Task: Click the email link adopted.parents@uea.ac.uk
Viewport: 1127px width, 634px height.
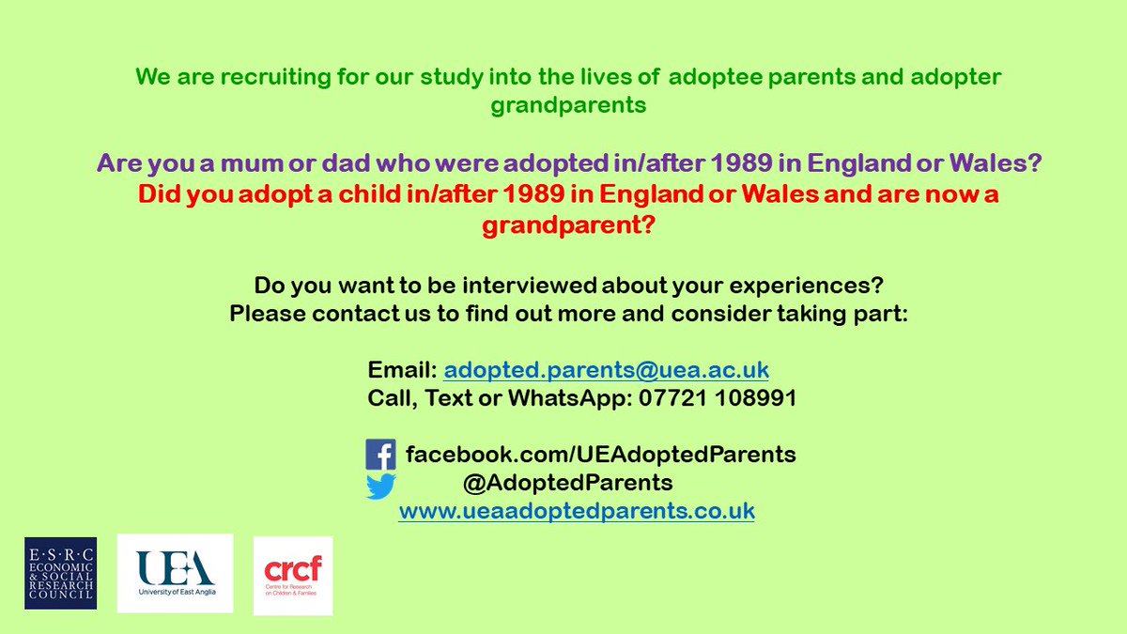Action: (607, 370)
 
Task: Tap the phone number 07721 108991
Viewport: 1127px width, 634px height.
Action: (718, 398)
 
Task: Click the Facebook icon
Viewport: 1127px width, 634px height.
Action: (380, 455)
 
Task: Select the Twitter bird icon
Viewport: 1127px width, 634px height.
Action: (380, 485)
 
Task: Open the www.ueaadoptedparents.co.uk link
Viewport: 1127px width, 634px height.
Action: (577, 512)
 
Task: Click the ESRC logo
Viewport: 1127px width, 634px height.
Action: (60, 573)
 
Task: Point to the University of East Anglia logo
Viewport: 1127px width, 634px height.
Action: (175, 573)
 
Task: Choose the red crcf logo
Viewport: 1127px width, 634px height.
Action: (293, 575)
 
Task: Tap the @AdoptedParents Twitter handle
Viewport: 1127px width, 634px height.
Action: (568, 484)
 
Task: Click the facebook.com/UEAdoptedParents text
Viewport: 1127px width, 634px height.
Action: (601, 456)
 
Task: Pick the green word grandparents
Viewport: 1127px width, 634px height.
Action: (568, 105)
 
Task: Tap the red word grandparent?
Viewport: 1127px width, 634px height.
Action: (568, 225)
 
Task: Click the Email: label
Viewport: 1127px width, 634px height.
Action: (402, 370)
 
